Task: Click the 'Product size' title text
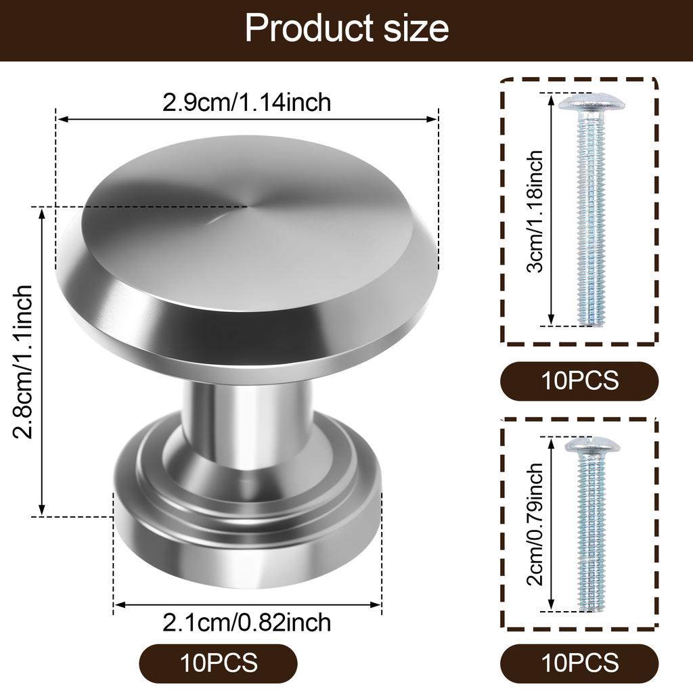346,28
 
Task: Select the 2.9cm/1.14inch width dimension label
247,102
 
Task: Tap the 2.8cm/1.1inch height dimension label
23,361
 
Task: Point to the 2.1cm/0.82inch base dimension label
247,621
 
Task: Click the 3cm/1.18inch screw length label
535,211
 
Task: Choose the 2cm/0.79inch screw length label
535,525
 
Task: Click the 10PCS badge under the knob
219,663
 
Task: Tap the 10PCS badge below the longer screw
579,380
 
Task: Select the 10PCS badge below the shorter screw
579,663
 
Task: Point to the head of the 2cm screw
592,445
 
